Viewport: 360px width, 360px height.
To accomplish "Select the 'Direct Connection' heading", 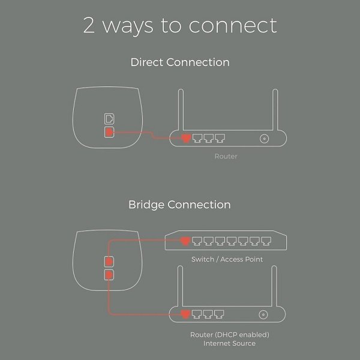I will pos(179,62).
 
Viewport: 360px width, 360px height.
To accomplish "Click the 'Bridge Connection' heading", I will pos(179,205).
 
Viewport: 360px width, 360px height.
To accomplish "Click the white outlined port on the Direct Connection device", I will pos(109,117).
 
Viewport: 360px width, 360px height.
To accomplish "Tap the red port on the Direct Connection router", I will pos(186,139).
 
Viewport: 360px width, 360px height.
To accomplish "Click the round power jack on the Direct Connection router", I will pos(263,139).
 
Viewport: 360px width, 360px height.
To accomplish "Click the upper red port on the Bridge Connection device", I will pos(109,262).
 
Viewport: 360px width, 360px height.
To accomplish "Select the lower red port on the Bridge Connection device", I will pos(109,274).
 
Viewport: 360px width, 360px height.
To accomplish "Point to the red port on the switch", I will pos(186,242).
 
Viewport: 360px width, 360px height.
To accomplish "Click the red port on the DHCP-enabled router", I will pos(186,313).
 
